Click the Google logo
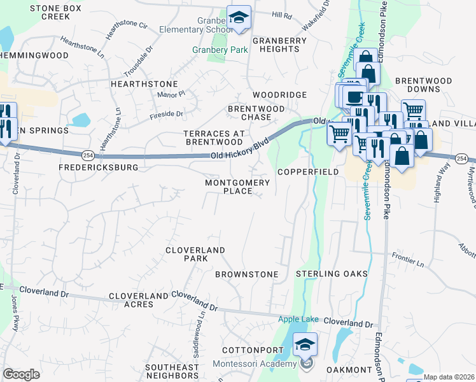(x=21, y=374)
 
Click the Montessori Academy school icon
(x=305, y=345)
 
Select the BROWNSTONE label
(x=247, y=274)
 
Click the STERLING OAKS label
(x=332, y=274)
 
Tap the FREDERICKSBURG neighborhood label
(x=98, y=167)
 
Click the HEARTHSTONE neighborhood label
(x=144, y=84)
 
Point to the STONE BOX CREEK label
(x=55, y=12)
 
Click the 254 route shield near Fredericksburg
(x=88, y=155)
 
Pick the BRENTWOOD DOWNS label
(x=423, y=85)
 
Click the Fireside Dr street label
(x=166, y=114)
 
